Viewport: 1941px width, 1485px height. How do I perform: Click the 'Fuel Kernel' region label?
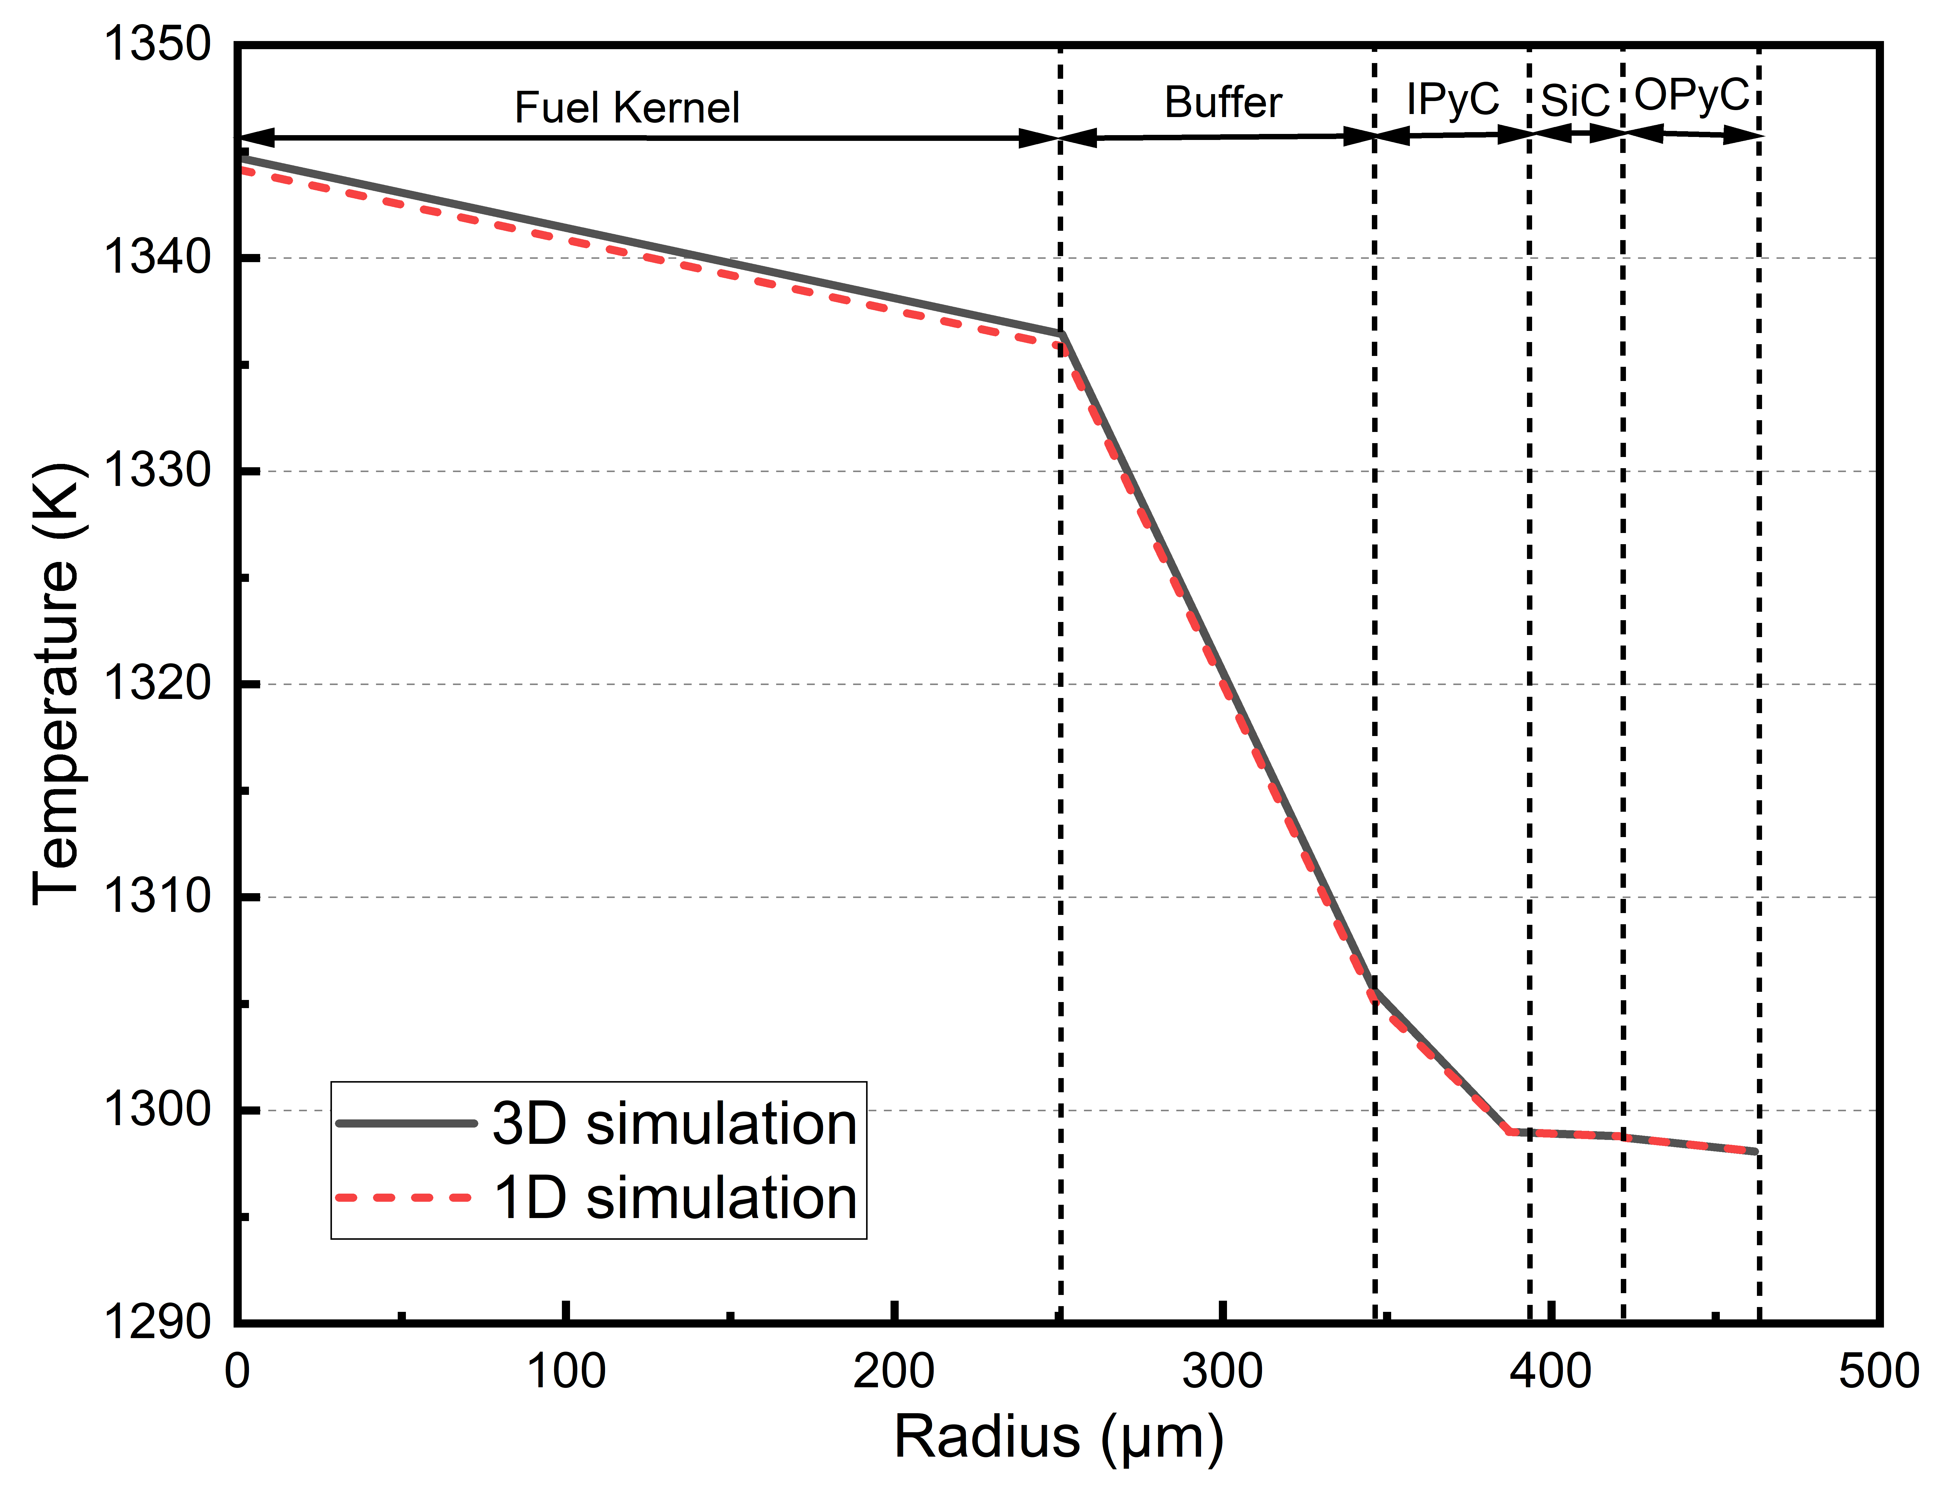pyautogui.click(x=627, y=108)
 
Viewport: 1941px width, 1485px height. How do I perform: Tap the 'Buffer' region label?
pyautogui.click(x=1223, y=103)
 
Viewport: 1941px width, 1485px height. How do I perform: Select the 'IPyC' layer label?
pyautogui.click(x=1452, y=99)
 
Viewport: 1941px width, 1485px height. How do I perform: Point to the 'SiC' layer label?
pyautogui.click(x=1575, y=101)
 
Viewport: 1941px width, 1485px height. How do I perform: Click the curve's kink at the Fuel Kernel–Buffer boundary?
pyautogui.click(x=1061, y=335)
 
